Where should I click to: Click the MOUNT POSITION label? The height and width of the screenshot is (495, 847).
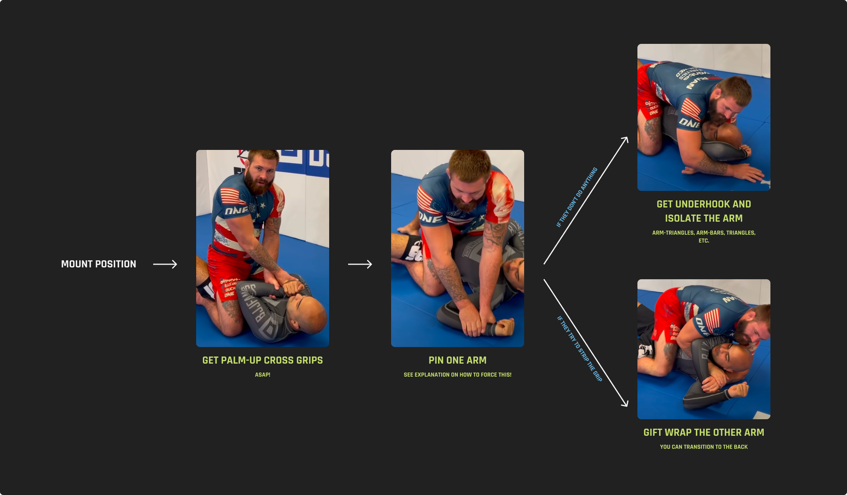[99, 264]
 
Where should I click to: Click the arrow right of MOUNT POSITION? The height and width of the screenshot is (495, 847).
[165, 264]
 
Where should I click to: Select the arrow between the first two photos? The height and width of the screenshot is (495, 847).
[360, 264]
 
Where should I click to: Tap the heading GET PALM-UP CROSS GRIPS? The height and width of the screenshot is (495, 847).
[263, 360]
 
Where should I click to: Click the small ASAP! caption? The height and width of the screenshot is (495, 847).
[263, 375]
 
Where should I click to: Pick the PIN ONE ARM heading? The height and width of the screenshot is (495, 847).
[457, 360]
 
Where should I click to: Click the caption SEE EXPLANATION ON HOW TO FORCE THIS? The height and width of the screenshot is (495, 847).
[457, 375]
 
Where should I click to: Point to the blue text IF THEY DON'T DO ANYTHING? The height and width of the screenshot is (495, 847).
[577, 197]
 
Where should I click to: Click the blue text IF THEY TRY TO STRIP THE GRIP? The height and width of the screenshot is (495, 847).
[579, 349]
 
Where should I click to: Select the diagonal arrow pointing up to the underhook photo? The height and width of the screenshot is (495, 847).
[586, 201]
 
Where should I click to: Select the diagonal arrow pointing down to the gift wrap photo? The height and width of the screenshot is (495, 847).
[586, 343]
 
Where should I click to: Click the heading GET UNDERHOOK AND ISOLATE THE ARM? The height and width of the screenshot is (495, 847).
[704, 211]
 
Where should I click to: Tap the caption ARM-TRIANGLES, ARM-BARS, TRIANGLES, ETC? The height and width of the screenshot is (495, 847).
[704, 236]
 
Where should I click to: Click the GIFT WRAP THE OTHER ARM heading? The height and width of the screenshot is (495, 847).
[704, 432]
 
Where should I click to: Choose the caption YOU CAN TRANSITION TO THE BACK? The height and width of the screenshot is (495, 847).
[704, 447]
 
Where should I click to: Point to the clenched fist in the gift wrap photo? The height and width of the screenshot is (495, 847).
[738, 390]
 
